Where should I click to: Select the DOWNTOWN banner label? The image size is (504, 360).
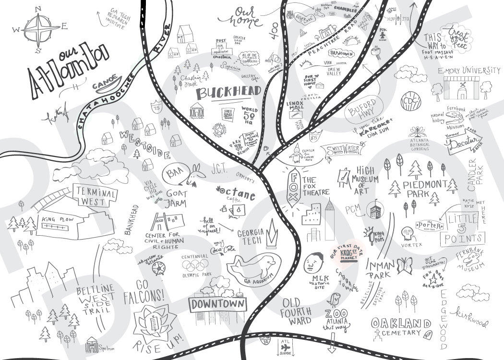click(218, 304)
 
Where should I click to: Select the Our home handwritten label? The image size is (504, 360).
click(244, 16)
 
